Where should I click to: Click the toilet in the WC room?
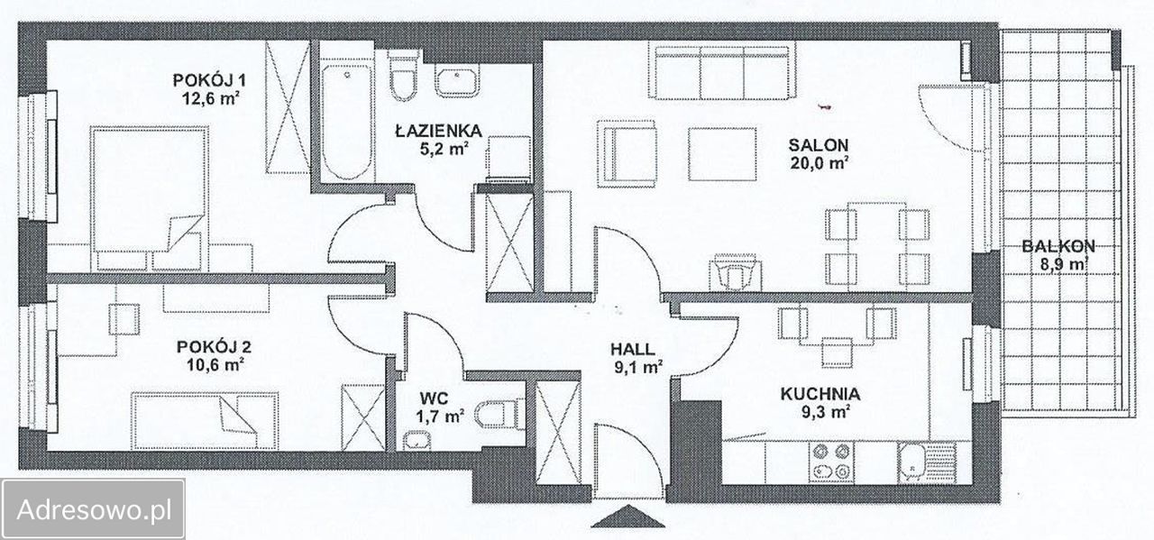[497, 414]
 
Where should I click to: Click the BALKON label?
[1058, 246]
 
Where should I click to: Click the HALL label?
[632, 350]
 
